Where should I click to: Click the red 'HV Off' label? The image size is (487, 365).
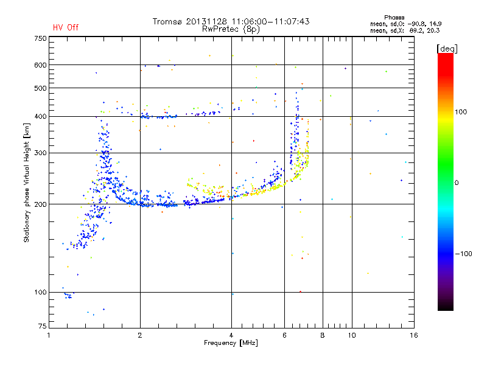click(66, 27)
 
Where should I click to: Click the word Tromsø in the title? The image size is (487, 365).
click(169, 21)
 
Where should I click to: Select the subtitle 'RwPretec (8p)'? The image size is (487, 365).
click(231, 29)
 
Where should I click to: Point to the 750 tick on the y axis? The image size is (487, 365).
click(40, 38)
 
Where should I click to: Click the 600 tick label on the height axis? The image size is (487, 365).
click(40, 65)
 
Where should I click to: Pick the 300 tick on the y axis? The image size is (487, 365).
click(40, 153)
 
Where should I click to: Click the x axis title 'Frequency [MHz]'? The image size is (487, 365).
click(231, 343)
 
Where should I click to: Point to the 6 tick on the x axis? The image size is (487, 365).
click(284, 335)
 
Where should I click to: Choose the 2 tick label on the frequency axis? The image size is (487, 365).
click(140, 335)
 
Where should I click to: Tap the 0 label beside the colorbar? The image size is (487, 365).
click(457, 182)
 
